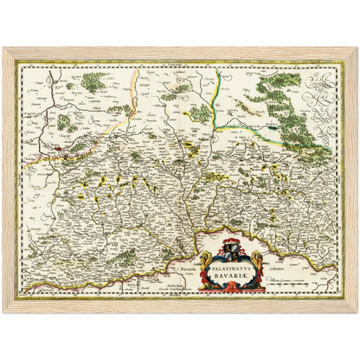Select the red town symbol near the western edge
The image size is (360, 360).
(58, 153)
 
